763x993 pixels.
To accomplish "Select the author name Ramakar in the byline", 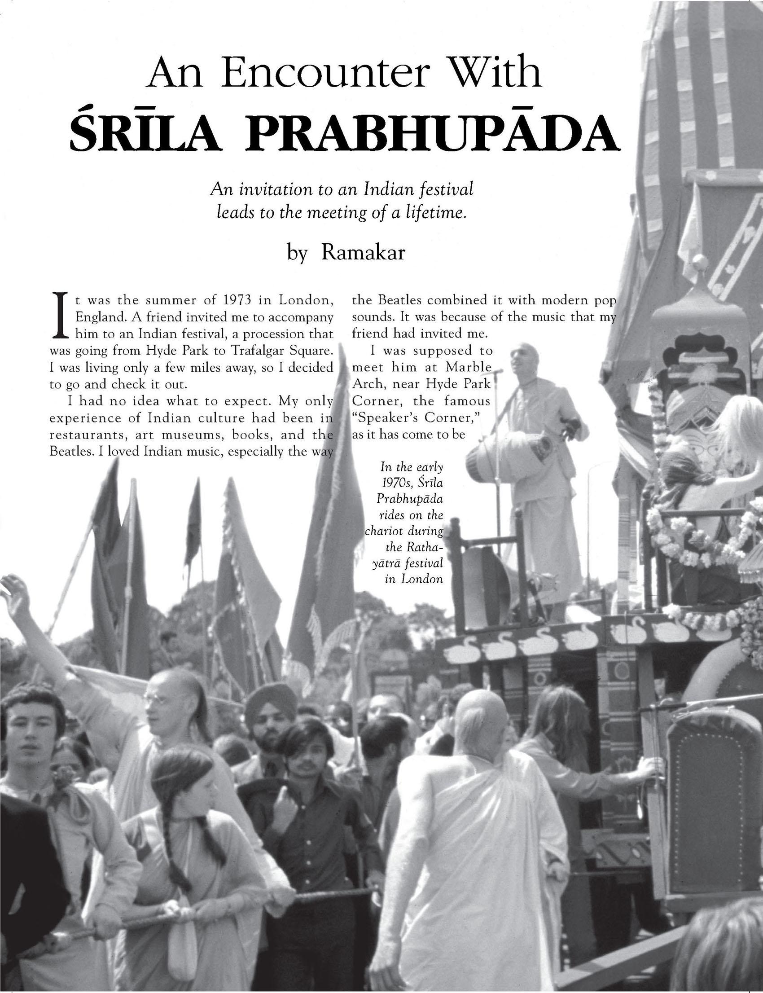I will point(363,252).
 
